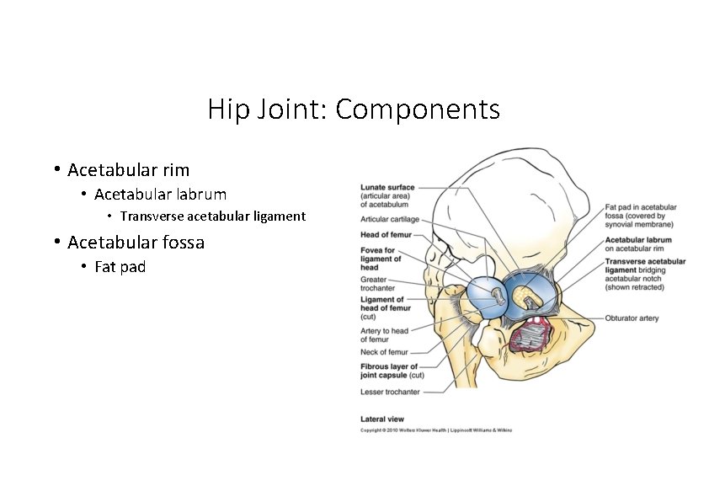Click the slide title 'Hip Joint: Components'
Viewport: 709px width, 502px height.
point(354,109)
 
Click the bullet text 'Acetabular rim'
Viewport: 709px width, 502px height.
point(128,170)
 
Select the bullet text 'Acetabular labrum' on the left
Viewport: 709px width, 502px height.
point(160,195)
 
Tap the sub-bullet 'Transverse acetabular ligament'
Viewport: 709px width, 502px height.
point(212,216)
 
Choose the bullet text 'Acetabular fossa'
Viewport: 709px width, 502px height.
point(136,243)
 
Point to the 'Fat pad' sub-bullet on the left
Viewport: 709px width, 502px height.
point(120,267)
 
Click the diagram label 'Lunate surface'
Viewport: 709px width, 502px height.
point(386,187)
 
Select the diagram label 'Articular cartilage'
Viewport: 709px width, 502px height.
point(390,220)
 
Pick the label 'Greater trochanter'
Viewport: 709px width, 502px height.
point(375,284)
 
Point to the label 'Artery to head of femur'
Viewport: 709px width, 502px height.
point(384,335)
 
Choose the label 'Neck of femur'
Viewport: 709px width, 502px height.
point(384,352)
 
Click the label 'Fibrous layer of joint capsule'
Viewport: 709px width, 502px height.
point(389,371)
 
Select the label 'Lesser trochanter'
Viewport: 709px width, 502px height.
point(390,393)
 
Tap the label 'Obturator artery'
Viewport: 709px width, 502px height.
point(632,318)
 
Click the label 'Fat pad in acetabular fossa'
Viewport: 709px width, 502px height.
point(640,216)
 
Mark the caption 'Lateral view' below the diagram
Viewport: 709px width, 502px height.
point(382,419)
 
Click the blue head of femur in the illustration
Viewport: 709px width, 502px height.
point(484,297)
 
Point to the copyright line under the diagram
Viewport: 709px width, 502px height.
point(435,430)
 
